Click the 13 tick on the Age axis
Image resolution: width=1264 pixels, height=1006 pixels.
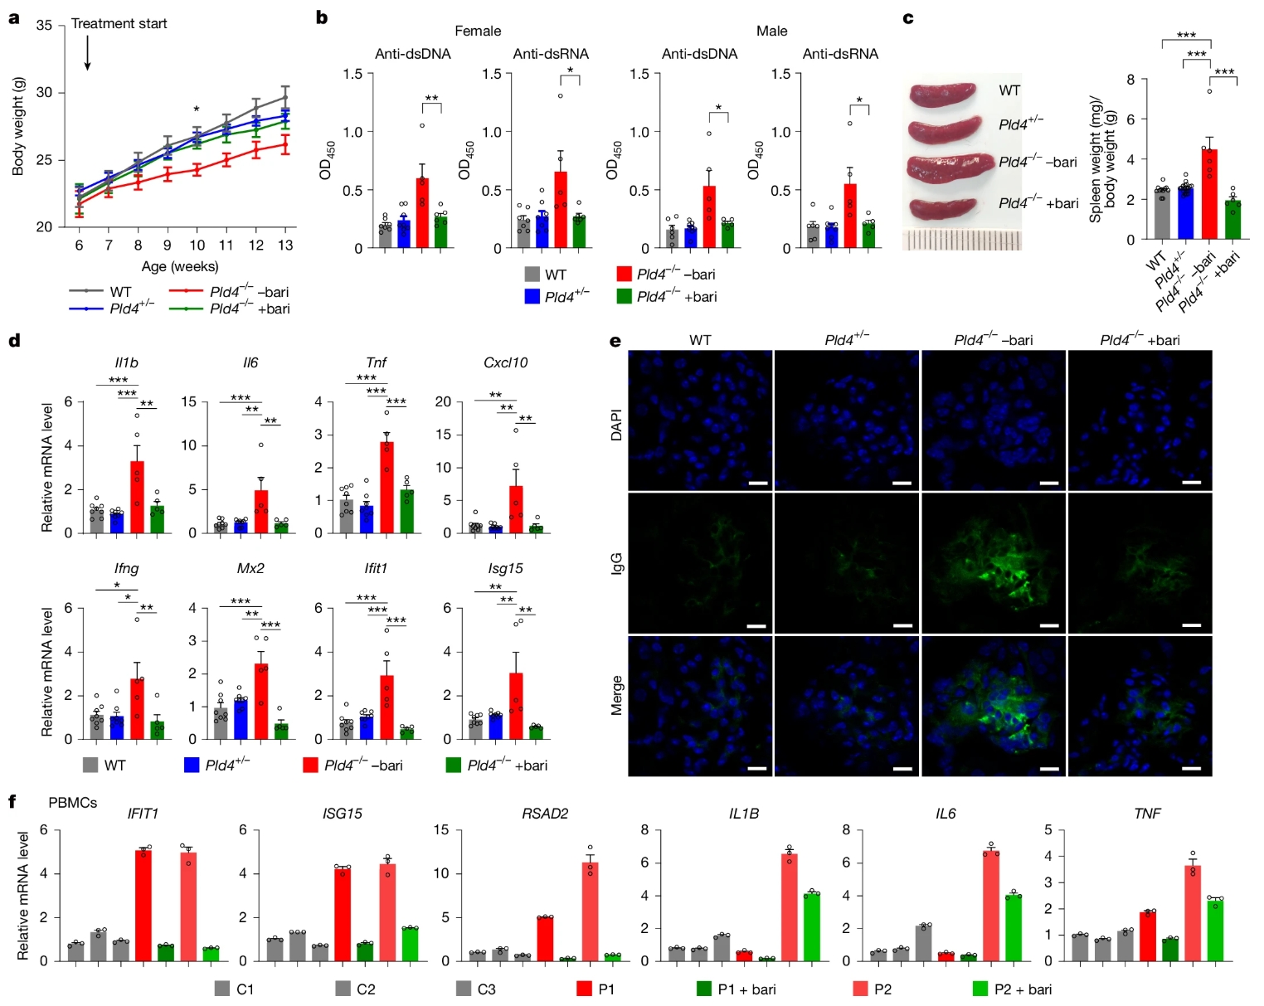285,245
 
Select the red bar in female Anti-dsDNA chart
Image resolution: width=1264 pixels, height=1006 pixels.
422,213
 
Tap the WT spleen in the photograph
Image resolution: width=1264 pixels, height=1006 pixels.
943,94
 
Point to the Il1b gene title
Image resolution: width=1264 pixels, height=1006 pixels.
126,362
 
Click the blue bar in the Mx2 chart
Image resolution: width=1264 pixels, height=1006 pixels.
241,719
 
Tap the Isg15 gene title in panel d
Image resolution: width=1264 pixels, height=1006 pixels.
505,568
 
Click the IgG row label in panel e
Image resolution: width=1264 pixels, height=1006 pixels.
616,564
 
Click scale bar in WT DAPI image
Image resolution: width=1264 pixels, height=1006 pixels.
756,483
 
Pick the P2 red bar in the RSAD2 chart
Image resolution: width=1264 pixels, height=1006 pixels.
591,911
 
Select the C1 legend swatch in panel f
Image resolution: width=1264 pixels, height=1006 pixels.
221,989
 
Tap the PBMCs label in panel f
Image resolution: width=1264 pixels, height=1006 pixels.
72,802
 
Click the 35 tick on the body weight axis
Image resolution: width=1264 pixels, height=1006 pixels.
44,26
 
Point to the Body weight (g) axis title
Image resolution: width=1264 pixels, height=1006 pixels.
17,126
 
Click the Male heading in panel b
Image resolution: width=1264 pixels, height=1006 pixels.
771,31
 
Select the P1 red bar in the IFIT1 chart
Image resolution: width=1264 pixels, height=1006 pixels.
143,906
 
